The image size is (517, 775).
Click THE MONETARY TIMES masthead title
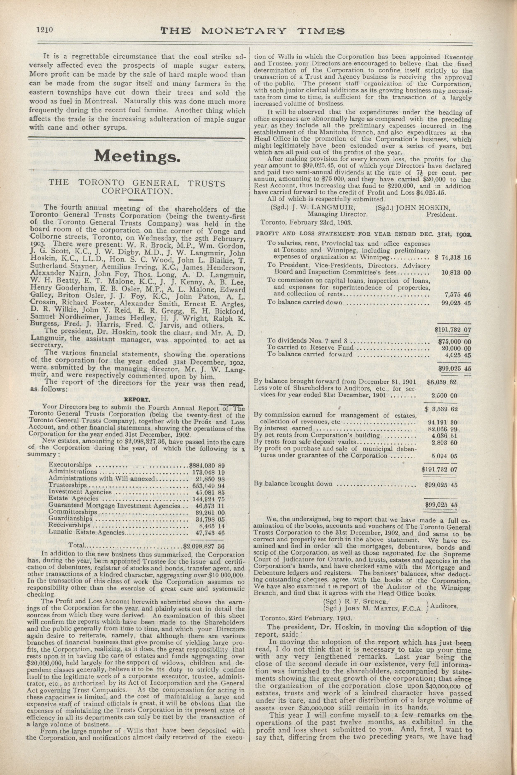(x=252, y=31)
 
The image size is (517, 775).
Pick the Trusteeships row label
(x=68, y=485)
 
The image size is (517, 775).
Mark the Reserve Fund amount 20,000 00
(x=456, y=348)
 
